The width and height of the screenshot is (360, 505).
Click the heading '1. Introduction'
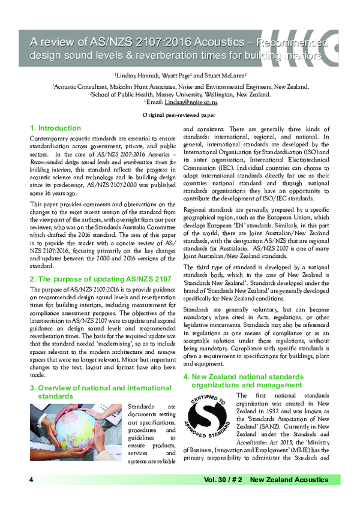[55, 128]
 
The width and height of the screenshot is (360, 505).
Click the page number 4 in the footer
[30, 480]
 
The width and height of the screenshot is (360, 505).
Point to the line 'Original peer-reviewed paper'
[179, 114]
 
